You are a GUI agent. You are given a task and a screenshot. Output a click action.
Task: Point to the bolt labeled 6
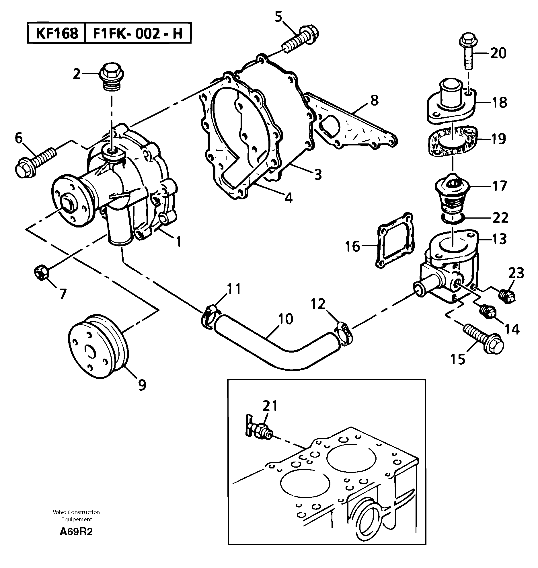(34, 162)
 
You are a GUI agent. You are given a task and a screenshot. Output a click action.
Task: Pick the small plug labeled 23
(508, 296)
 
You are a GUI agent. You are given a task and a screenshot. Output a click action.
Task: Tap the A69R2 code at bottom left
(76, 532)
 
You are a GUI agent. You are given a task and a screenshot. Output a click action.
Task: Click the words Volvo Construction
(76, 512)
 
